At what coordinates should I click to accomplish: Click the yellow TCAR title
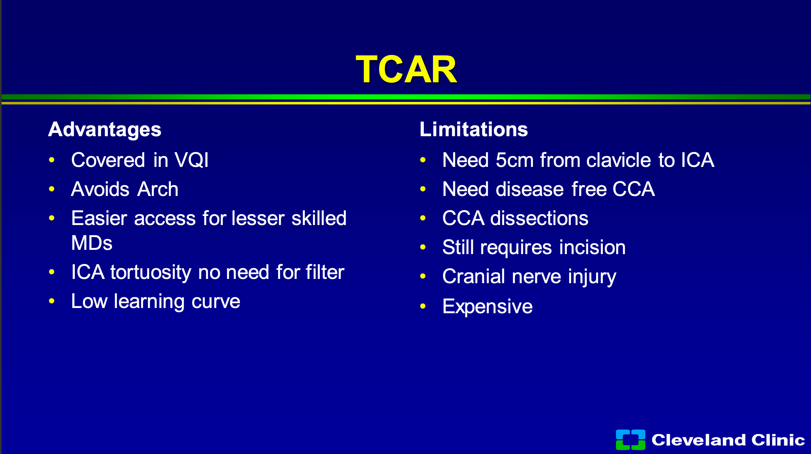click(x=406, y=69)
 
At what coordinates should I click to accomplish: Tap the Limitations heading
click(x=474, y=129)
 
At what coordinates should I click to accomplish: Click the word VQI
click(x=191, y=160)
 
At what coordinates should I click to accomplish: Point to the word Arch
click(x=158, y=189)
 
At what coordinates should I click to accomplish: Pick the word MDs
click(x=92, y=243)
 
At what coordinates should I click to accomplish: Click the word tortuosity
click(x=151, y=273)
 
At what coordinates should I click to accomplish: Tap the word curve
click(x=216, y=302)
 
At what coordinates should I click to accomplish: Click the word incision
click(x=592, y=247)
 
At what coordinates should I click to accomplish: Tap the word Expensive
click(x=488, y=307)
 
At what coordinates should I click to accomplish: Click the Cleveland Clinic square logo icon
click(x=630, y=440)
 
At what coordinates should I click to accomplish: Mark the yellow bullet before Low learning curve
click(x=52, y=301)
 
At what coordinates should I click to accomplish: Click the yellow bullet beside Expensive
click(x=423, y=306)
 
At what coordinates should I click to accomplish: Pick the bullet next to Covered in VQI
click(x=52, y=160)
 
